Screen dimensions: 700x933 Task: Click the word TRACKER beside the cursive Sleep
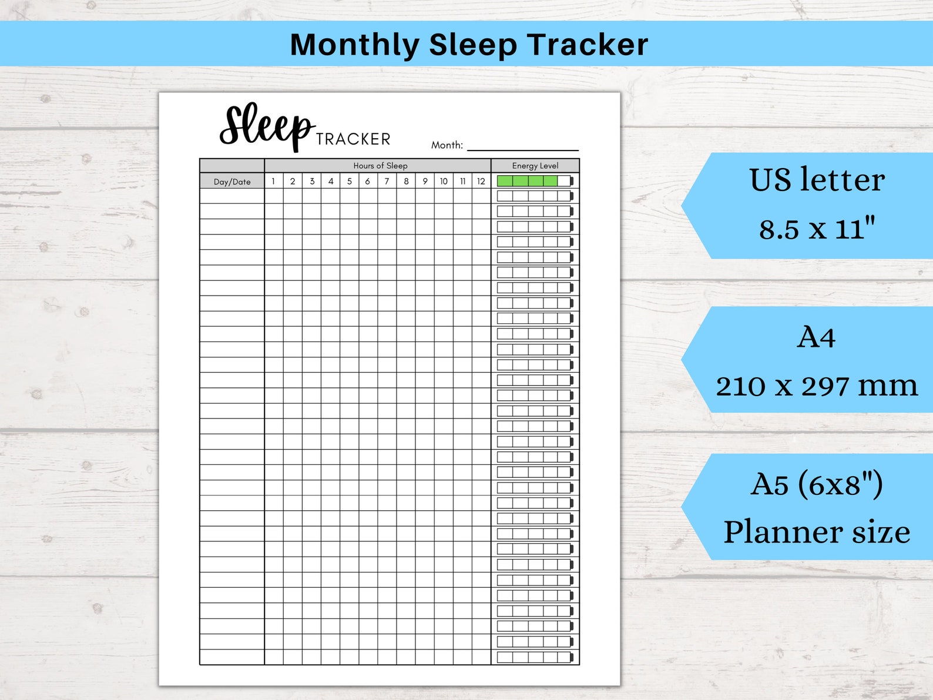point(353,139)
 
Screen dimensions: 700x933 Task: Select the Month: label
point(447,145)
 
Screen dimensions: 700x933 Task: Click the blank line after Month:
point(522,147)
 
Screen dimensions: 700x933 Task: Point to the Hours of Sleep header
point(380,166)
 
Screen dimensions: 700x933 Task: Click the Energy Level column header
point(535,166)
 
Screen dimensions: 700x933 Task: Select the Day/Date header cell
point(232,182)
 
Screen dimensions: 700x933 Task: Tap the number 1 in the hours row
point(273,181)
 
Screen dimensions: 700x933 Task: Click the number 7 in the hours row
point(387,181)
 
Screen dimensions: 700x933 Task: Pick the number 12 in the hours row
point(481,181)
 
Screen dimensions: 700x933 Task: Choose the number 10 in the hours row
point(444,181)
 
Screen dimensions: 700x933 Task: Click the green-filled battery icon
point(534,181)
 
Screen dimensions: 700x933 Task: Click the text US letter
point(817,180)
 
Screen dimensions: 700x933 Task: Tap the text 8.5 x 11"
point(817,228)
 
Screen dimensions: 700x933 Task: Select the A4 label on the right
point(816,337)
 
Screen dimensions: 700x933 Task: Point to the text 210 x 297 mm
point(817,386)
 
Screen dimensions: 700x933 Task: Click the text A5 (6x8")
point(817,485)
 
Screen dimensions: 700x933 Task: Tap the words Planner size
point(817,532)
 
